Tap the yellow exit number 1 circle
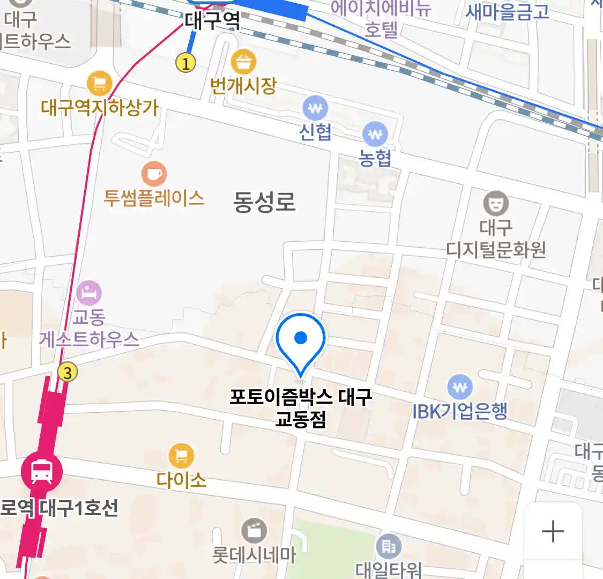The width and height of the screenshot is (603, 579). pyautogui.click(x=185, y=64)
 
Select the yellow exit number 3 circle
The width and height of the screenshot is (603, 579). pyautogui.click(x=68, y=372)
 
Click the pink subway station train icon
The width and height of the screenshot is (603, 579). pyautogui.click(x=42, y=472)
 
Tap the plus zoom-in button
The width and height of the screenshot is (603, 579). pyautogui.click(x=553, y=532)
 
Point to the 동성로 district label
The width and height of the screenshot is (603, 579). pyautogui.click(x=264, y=202)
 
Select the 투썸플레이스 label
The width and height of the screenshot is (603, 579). pyautogui.click(x=154, y=198)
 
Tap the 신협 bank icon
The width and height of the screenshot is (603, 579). pyautogui.click(x=316, y=109)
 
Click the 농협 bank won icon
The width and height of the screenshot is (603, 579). pyautogui.click(x=375, y=135)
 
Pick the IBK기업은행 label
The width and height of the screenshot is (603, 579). pyautogui.click(x=460, y=411)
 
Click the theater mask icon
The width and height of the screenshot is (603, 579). pyautogui.click(x=496, y=203)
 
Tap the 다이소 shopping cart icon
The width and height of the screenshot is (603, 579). pyautogui.click(x=181, y=456)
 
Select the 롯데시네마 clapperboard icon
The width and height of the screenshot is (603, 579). pyautogui.click(x=254, y=531)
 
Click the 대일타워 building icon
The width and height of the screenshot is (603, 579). pyautogui.click(x=389, y=547)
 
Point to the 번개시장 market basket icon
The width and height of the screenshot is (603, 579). pyautogui.click(x=243, y=62)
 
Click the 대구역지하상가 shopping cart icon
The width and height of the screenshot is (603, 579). pyautogui.click(x=100, y=84)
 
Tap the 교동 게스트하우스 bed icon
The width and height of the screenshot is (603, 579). pyautogui.click(x=89, y=293)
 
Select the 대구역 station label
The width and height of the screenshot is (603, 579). pyautogui.click(x=212, y=21)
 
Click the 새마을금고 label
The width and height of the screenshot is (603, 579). pyautogui.click(x=508, y=11)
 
